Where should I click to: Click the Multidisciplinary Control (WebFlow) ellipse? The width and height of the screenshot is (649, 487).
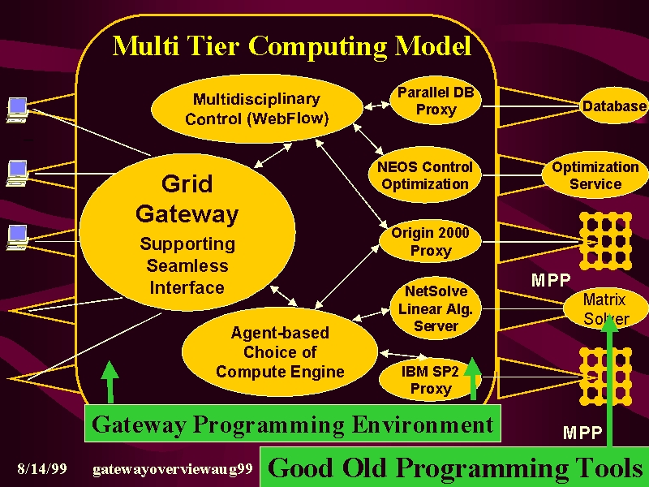pos(257,109)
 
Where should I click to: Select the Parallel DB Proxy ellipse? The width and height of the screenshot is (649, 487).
pos(436,101)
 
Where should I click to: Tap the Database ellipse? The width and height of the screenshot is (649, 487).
pos(614,106)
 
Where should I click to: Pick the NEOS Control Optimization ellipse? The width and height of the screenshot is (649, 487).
pos(425,175)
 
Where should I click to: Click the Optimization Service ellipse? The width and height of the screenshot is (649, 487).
pos(595,175)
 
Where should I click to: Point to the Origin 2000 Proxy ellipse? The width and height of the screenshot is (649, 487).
pos(431,241)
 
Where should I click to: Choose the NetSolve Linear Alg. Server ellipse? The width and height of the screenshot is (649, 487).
pos(436,308)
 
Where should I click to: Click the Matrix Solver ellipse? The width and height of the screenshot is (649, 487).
pos(606,309)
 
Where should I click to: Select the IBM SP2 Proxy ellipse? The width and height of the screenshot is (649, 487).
pos(431,380)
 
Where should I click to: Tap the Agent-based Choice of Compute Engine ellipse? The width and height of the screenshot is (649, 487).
pos(280,352)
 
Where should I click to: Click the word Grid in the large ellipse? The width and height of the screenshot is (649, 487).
pos(187,184)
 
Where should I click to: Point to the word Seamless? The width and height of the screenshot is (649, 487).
pos(187,266)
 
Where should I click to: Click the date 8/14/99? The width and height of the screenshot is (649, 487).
pos(42,469)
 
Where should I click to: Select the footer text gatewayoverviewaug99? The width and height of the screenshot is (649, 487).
pos(173,470)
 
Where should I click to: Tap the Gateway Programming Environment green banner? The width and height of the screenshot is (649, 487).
pos(293,424)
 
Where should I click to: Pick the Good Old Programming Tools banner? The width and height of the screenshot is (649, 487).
pos(454,468)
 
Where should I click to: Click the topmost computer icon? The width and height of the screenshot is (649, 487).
pos(17,110)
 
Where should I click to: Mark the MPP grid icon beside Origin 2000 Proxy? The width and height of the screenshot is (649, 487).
pos(605,241)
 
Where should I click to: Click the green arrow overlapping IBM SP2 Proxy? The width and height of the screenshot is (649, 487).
pos(473,378)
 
